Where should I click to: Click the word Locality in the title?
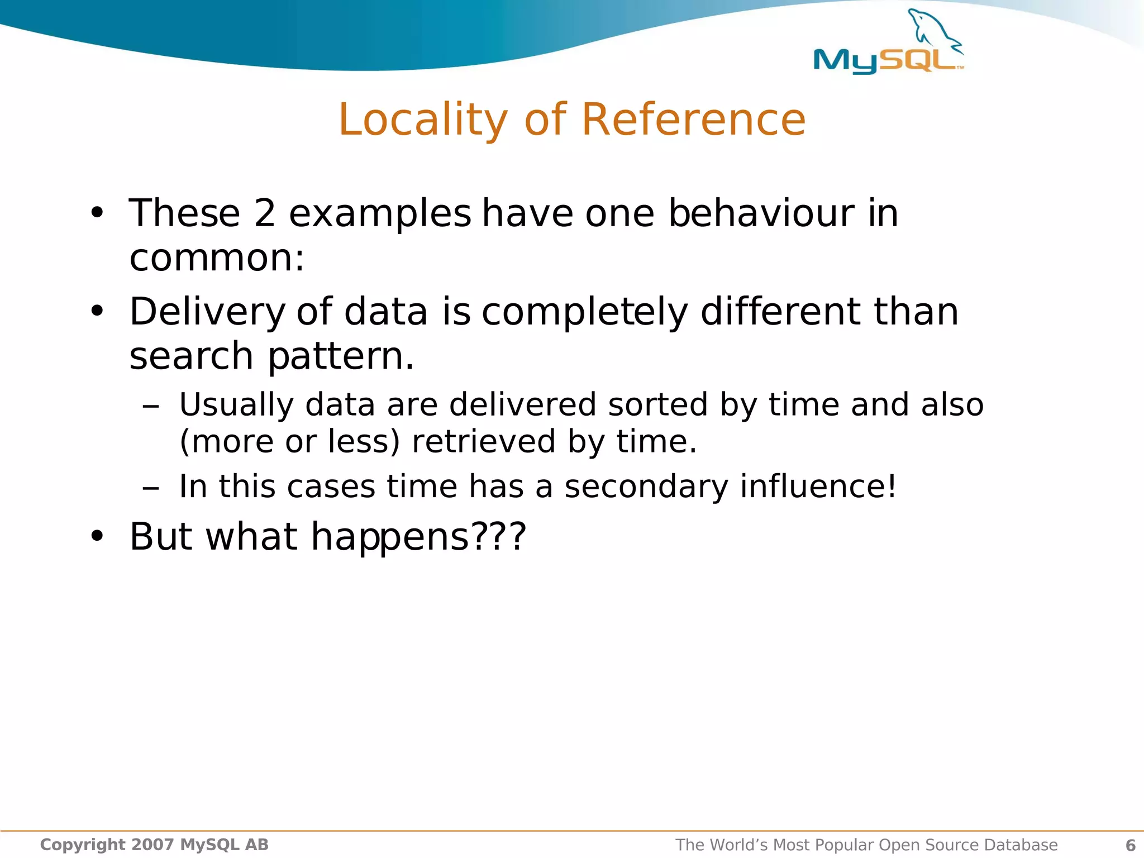coord(423,120)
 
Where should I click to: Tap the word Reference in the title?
coord(693,120)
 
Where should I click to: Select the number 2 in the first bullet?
coord(265,213)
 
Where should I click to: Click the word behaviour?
coord(761,213)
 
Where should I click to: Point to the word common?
coord(217,258)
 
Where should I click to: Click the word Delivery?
coord(207,312)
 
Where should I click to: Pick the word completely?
coord(585,312)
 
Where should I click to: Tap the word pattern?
coord(341,356)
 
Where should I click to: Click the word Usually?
coord(236,405)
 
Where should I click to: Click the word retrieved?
coord(484,442)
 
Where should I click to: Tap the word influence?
coord(818,487)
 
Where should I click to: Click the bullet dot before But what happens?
coord(97,536)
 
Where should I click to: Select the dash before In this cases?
coord(151,488)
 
